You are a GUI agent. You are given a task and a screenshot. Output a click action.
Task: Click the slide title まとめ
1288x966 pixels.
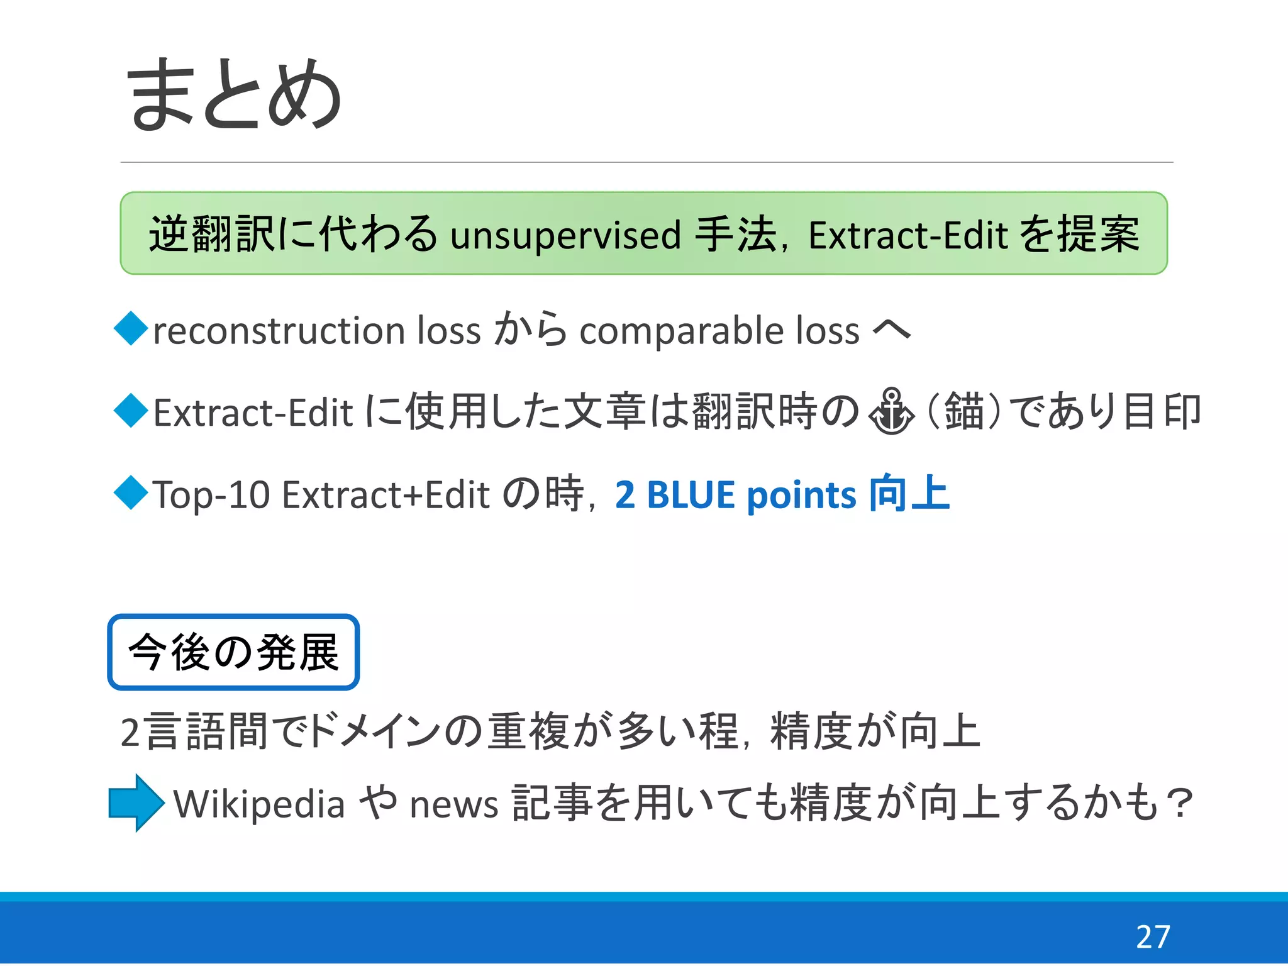(234, 94)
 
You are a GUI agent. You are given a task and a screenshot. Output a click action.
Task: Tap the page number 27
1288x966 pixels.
(1152, 937)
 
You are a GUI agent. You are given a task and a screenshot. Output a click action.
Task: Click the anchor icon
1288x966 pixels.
(891, 412)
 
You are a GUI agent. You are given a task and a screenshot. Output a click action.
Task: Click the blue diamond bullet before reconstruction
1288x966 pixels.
(131, 328)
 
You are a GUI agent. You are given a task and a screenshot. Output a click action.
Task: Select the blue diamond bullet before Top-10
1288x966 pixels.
(131, 492)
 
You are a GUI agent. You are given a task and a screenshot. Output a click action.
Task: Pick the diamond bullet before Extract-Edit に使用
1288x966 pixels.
(131, 410)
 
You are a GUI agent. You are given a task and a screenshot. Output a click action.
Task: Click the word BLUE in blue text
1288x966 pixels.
(690, 495)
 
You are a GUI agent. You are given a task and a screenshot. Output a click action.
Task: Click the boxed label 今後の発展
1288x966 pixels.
(233, 652)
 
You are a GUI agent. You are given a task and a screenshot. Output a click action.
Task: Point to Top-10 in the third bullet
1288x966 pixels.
(211, 495)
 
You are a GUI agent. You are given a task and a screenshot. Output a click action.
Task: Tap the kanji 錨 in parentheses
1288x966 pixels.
(963, 412)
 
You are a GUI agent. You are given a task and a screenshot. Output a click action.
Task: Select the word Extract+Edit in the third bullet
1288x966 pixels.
(386, 495)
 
